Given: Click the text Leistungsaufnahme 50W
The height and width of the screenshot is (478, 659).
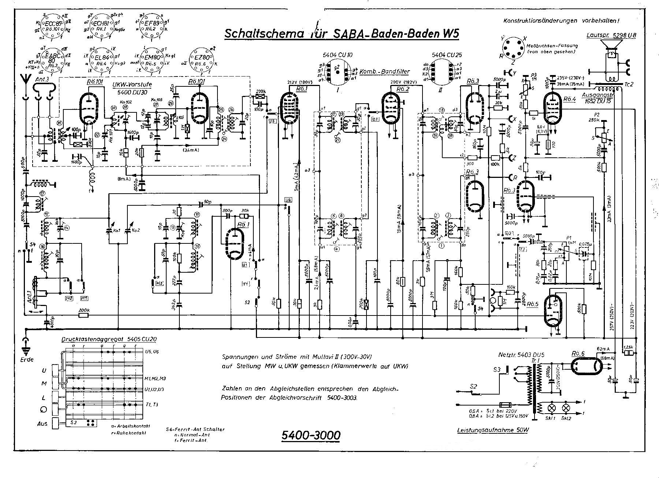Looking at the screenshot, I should (x=493, y=431).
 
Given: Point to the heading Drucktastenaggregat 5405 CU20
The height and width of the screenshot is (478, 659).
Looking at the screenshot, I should (x=109, y=339).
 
